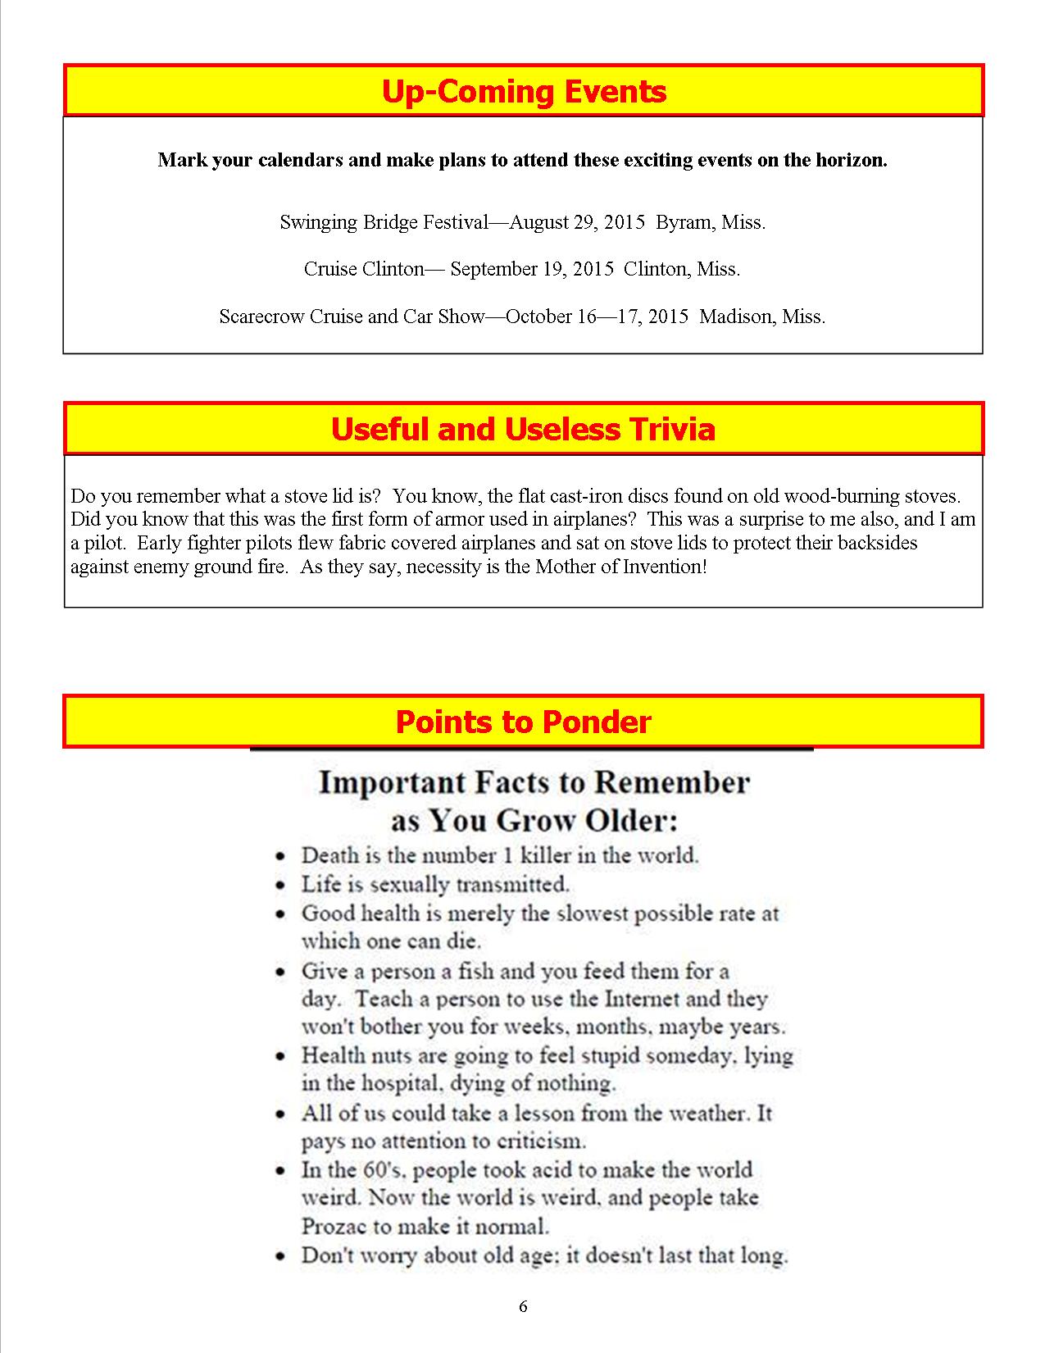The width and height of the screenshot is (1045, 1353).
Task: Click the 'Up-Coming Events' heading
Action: [523, 91]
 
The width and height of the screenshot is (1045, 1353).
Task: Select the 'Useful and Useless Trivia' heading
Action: [523, 429]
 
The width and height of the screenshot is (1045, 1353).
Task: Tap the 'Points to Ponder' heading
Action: [523, 722]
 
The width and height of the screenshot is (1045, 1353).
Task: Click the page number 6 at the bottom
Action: [523, 1307]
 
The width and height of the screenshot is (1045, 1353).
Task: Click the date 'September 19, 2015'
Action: [531, 269]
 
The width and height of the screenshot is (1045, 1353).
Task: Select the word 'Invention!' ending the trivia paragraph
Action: [666, 567]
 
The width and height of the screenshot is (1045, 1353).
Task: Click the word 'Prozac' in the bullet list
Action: [331, 1227]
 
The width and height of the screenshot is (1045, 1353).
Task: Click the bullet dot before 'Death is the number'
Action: [281, 856]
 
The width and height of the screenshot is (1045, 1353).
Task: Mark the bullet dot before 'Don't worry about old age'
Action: [281, 1256]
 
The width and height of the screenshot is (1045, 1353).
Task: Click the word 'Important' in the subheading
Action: [374, 782]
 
